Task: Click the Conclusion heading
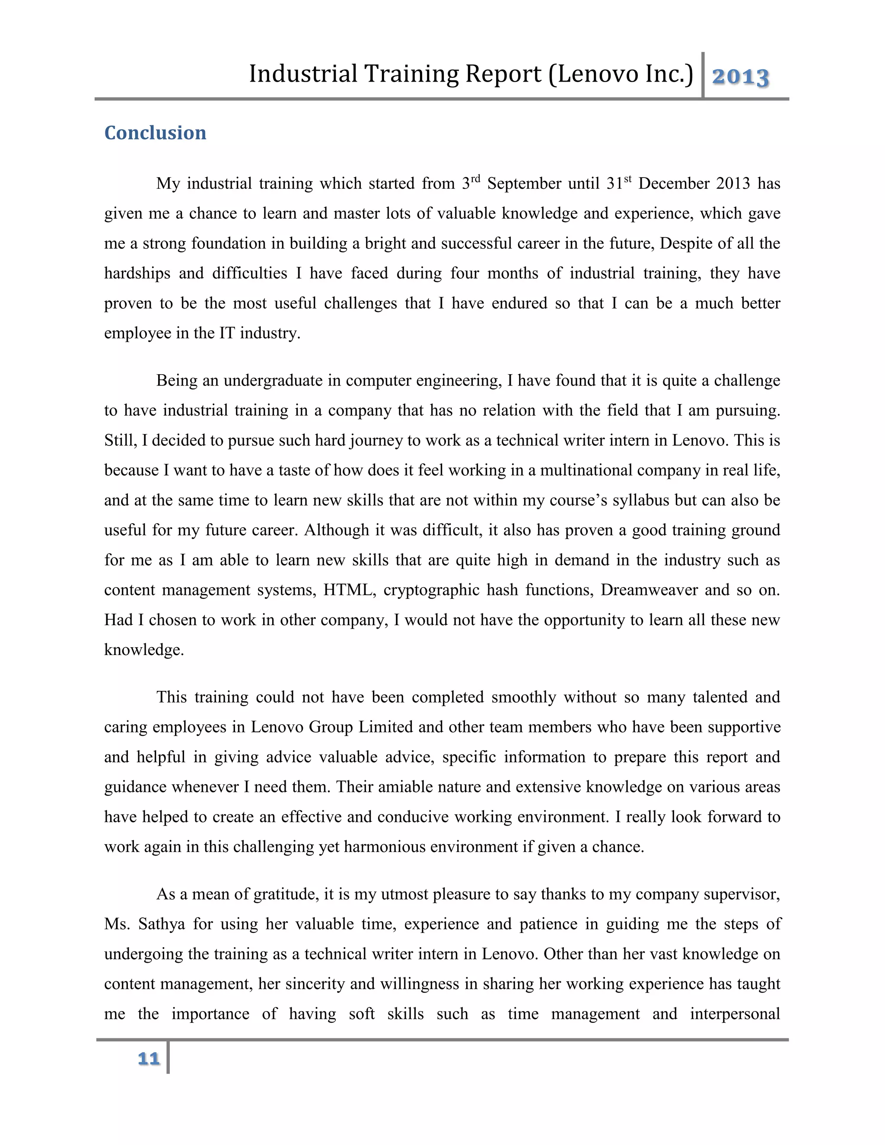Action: click(155, 133)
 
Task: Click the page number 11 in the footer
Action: click(148, 1059)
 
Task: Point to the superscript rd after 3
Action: click(475, 179)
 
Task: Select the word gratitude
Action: click(286, 894)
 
